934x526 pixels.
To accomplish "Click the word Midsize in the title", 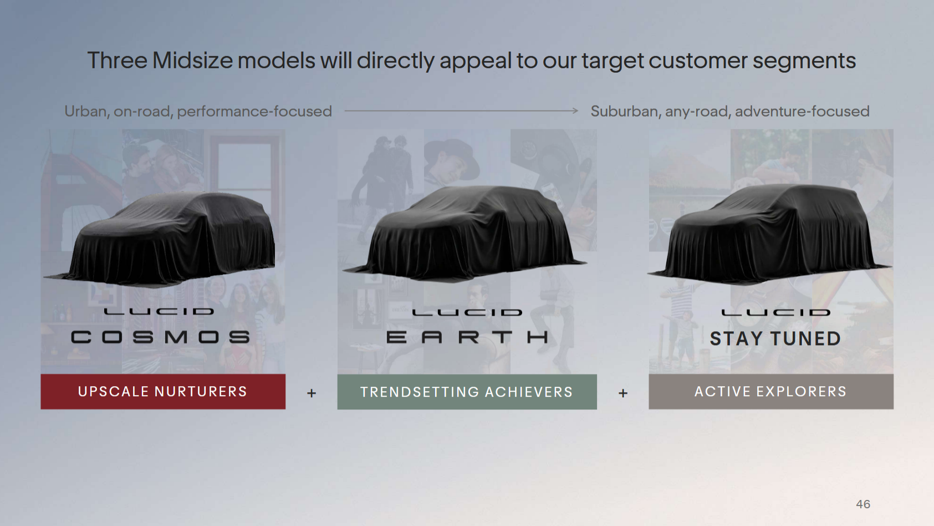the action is tap(193, 60).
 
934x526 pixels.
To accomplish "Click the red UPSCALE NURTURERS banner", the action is tap(163, 392).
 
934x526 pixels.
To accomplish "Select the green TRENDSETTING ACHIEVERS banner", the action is tap(467, 392).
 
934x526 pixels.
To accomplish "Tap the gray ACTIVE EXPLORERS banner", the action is tap(771, 392).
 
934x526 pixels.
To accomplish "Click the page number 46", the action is tap(863, 504).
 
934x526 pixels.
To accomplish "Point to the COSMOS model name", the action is tap(161, 337).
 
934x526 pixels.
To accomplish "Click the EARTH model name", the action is tap(467, 337).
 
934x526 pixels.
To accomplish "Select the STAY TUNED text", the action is tap(775, 338).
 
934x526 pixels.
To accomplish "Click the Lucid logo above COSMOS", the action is tap(159, 311).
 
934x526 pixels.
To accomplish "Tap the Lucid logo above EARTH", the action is tap(467, 312).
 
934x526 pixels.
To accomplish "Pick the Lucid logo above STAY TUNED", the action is tap(776, 312).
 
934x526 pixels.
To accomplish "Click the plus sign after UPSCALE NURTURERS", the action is tap(312, 393).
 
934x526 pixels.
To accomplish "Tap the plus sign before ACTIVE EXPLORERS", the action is tap(623, 393).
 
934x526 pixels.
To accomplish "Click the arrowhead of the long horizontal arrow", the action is tap(576, 110).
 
